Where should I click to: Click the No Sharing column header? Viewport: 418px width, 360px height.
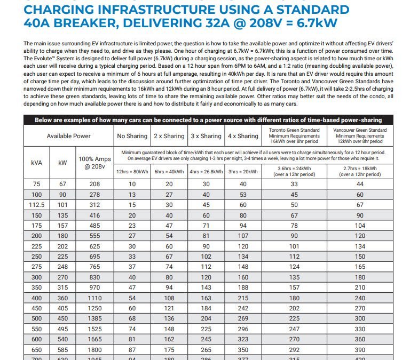click(x=132, y=136)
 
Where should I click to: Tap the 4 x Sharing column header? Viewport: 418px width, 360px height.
click(x=243, y=136)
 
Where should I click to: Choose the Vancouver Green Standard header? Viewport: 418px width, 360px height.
click(x=360, y=136)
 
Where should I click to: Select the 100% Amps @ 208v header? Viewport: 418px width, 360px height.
click(x=94, y=162)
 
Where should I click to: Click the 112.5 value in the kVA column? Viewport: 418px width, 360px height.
click(x=37, y=204)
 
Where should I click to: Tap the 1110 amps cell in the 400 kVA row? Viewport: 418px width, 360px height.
click(x=94, y=298)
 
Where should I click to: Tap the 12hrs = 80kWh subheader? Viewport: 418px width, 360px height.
click(x=132, y=171)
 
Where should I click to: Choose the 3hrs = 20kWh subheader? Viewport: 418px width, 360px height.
click(x=243, y=171)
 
